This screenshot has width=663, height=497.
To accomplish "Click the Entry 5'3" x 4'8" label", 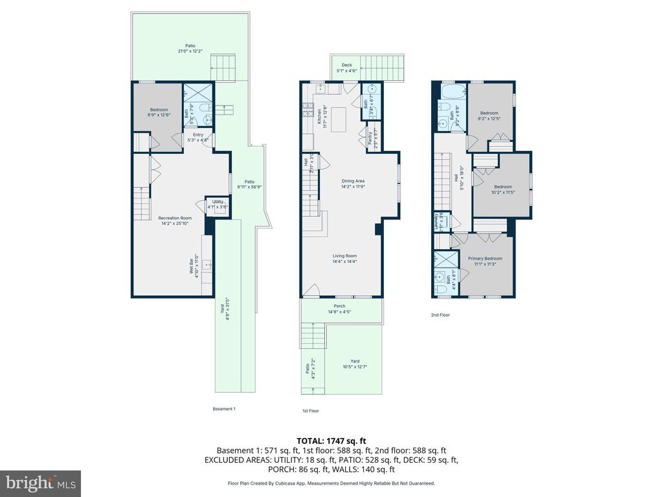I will click(197, 137).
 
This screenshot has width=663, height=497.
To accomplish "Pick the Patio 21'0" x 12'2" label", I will click(190, 48).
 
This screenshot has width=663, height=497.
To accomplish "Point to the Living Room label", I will click(345, 258).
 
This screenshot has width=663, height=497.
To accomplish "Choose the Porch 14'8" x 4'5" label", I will click(339, 309).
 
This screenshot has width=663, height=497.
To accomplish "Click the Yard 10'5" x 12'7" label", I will click(355, 364).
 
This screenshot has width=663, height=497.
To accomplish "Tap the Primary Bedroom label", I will click(485, 261).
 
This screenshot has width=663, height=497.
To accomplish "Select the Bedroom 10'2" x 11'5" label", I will click(502, 189).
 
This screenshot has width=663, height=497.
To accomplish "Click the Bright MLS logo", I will click(40, 483).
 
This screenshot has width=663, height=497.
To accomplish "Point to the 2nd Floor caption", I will click(440, 315).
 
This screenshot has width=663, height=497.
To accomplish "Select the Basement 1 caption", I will click(224, 408).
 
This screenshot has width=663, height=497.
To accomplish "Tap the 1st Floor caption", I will click(311, 410).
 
